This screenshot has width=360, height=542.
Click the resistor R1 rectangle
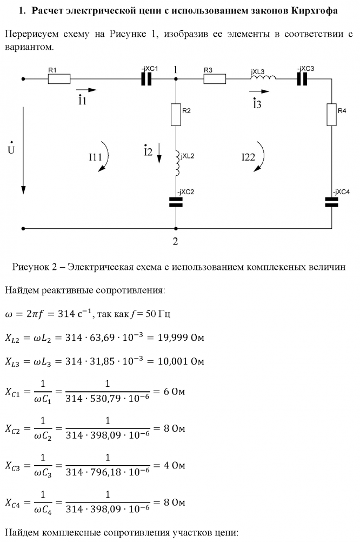(59, 79)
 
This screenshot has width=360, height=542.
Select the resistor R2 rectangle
(176, 115)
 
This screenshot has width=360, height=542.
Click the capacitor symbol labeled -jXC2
(176, 202)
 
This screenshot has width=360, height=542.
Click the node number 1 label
(175, 70)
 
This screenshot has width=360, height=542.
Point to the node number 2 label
(175, 241)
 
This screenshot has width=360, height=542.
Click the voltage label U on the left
(11, 148)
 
